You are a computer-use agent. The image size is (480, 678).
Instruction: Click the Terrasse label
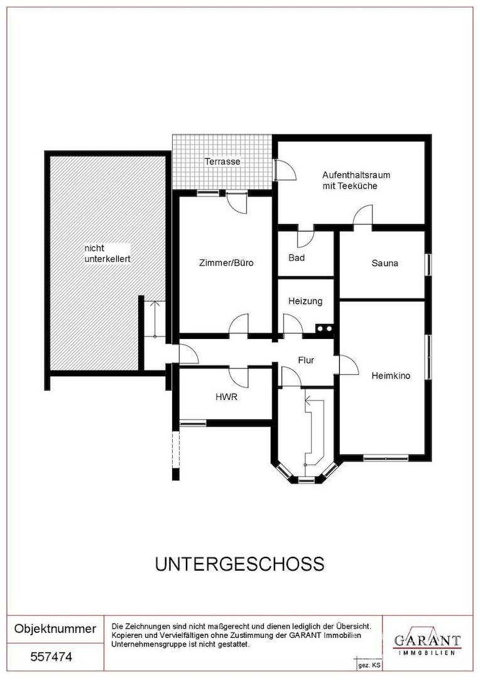tap(222, 162)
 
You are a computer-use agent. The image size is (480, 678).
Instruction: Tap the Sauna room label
tap(385, 263)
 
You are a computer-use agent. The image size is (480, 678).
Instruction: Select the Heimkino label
tap(391, 376)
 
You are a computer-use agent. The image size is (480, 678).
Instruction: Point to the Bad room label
tap(297, 258)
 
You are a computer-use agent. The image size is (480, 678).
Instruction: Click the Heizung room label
tap(305, 301)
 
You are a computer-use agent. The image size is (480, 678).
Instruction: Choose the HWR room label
tap(226, 397)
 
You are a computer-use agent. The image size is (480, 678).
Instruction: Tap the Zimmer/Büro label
tap(226, 262)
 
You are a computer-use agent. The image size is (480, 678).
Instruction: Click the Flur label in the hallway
tap(306, 360)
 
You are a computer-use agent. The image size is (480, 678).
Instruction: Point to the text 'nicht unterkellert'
tap(107, 254)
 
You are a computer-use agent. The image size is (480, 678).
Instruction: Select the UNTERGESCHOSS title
tap(240, 564)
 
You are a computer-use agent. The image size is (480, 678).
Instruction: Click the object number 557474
tap(51, 657)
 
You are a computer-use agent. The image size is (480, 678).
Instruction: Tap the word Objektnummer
tap(55, 628)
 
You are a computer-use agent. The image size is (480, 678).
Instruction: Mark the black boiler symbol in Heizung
tap(324, 329)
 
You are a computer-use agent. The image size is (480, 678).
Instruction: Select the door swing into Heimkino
tap(349, 365)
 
